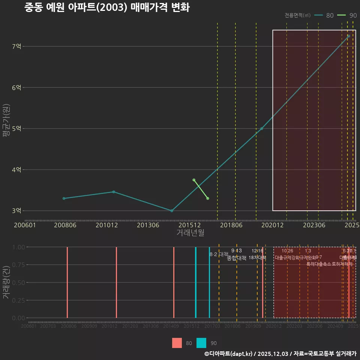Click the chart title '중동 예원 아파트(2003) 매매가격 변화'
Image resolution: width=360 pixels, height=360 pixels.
[x=107, y=8]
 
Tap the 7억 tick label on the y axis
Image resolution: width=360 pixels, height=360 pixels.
[x=16, y=46]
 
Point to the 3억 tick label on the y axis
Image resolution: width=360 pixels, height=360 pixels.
[x=16, y=211]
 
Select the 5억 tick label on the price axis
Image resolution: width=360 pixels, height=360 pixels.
[x=16, y=129]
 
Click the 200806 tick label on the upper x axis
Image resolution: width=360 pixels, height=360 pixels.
[x=65, y=225]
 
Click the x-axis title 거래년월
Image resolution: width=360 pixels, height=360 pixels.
[x=190, y=232]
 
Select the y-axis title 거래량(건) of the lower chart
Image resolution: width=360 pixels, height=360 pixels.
[x=6, y=282]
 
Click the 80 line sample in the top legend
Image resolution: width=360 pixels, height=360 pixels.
[x=319, y=15]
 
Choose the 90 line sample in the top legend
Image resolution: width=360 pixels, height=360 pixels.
[x=342, y=15]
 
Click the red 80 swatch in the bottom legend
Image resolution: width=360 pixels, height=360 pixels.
[x=177, y=343]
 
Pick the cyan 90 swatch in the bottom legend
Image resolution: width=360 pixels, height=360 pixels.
[x=201, y=343]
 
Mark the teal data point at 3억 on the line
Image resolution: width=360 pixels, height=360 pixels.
[x=171, y=211]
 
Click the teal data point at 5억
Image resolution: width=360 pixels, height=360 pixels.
[x=262, y=129]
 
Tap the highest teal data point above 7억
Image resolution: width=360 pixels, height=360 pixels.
[x=348, y=36]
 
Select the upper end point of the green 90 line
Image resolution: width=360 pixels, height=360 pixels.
[x=194, y=180]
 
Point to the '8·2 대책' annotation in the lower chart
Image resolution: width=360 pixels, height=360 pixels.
[x=219, y=254]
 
